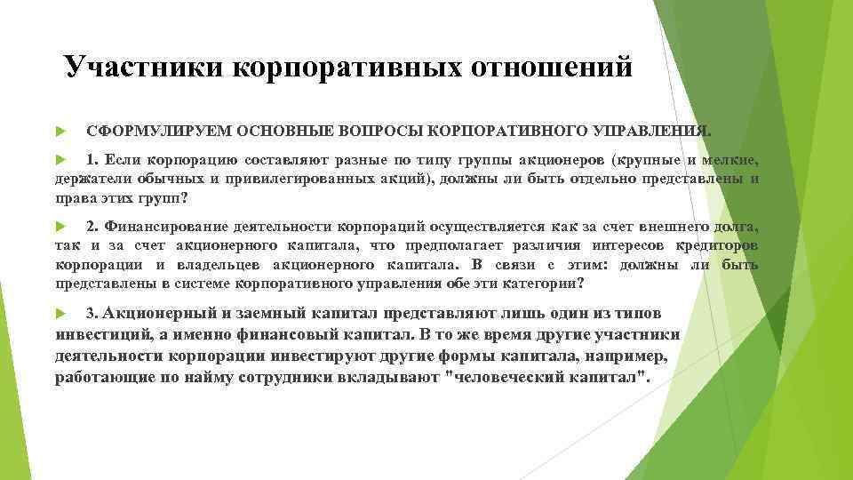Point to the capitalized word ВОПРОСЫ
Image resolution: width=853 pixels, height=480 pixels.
[379, 131]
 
